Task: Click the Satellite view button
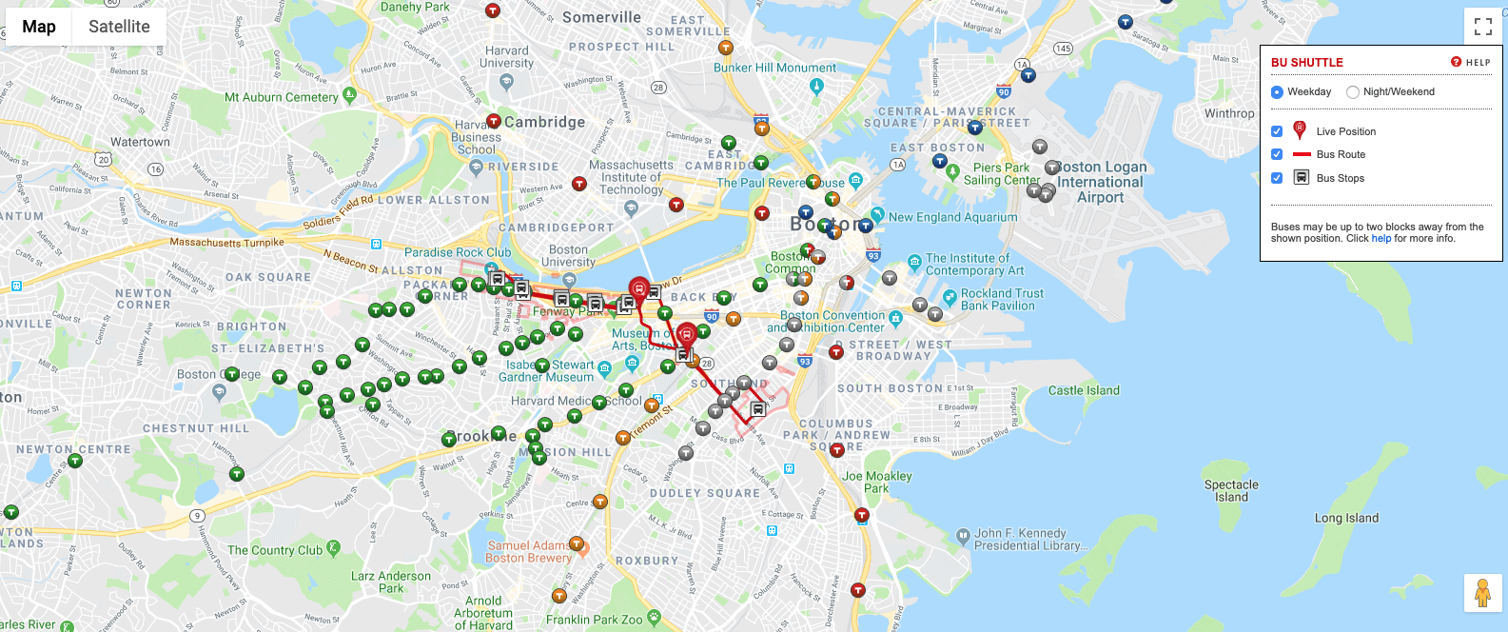(x=119, y=27)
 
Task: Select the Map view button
(x=39, y=27)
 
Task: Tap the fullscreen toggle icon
(x=1482, y=27)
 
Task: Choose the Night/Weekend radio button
(x=1353, y=92)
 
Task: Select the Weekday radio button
(x=1277, y=92)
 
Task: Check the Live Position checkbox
(x=1277, y=131)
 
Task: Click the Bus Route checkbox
(x=1277, y=154)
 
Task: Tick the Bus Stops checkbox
(x=1277, y=178)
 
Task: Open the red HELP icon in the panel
(x=1456, y=62)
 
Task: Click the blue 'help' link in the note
(x=1381, y=239)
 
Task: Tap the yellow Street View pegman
(x=1482, y=593)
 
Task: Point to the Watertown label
(x=140, y=142)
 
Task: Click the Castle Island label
(x=1084, y=390)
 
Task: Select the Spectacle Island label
(x=1231, y=490)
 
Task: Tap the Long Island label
(x=1346, y=518)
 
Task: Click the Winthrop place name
(x=1229, y=113)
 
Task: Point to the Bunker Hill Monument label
(x=774, y=68)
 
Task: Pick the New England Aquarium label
(x=952, y=217)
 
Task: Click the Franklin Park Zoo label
(x=594, y=620)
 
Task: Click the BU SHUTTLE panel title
(x=1306, y=63)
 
